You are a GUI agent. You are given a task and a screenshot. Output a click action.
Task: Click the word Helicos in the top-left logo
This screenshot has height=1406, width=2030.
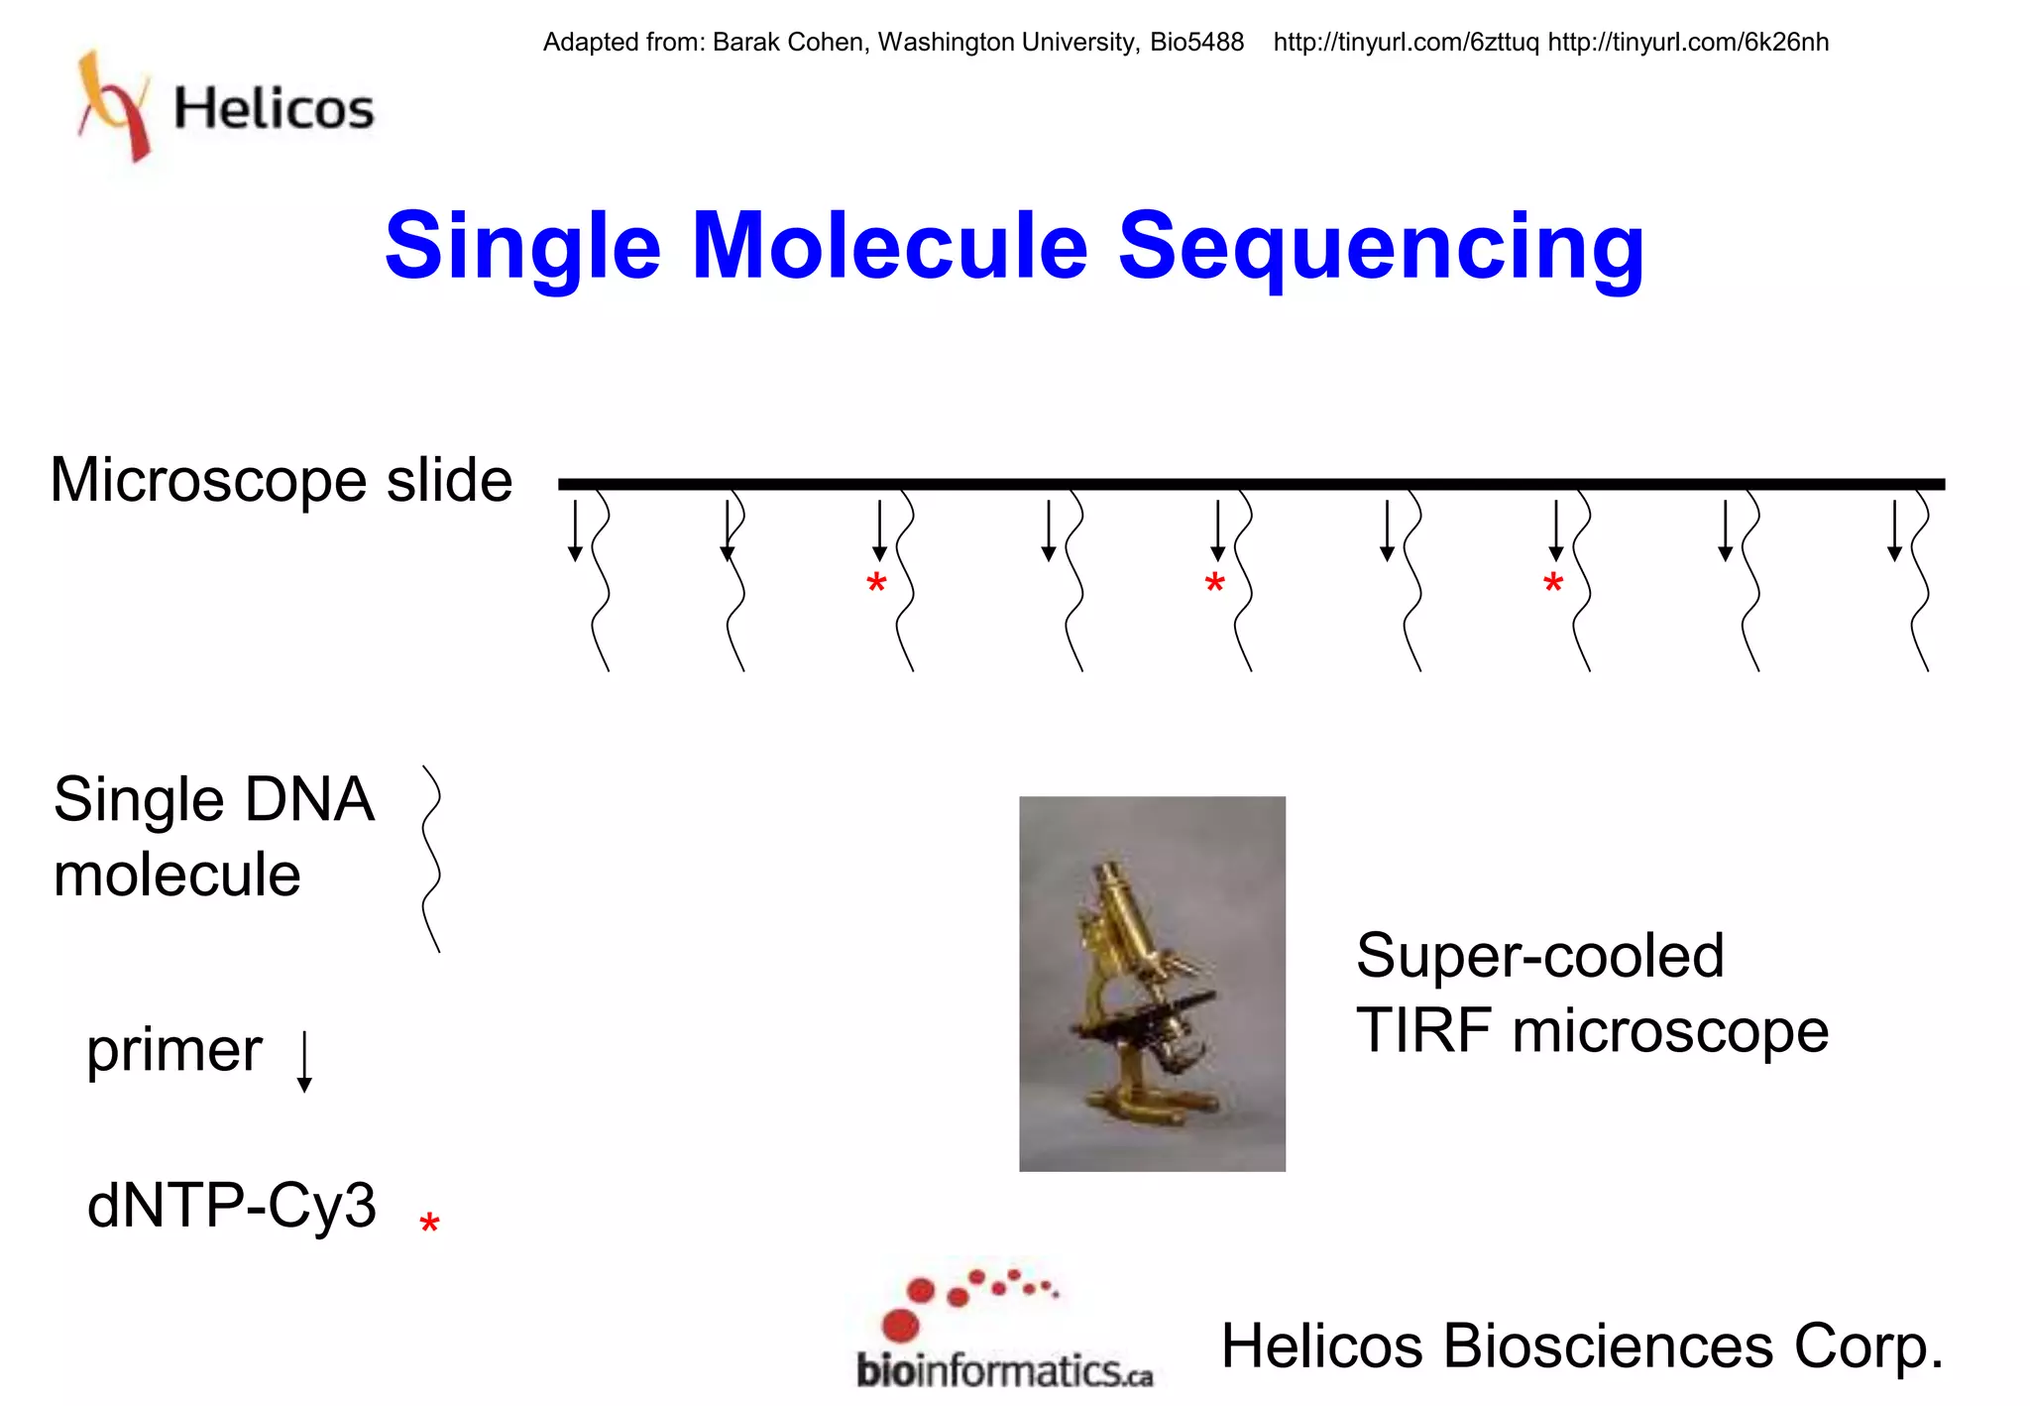pos(274,108)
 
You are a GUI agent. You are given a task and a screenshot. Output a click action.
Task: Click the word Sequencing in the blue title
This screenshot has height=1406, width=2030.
pos(1381,248)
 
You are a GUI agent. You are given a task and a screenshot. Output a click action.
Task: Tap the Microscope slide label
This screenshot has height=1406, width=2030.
pos(282,481)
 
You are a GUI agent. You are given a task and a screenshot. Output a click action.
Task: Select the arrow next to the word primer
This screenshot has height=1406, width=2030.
pos(304,1061)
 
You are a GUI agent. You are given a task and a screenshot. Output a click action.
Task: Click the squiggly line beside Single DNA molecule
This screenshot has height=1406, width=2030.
pos(431,859)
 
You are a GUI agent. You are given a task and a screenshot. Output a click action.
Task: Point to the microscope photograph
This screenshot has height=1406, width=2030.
pos(1152,983)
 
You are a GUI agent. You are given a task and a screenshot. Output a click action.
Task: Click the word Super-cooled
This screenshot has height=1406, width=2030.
pos(1539,956)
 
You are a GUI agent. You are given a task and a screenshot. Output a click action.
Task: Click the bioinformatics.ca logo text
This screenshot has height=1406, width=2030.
pos(1003,1371)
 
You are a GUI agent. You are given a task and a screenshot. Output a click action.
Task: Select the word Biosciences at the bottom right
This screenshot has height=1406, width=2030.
pos(1608,1347)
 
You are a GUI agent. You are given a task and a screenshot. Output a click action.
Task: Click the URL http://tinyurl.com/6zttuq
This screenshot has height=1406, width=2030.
pos(1406,43)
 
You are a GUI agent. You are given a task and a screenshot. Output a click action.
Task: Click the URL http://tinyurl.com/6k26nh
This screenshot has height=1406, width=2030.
pos(1688,43)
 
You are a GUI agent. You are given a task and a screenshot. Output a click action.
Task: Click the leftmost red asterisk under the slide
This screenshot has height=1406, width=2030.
pos(876,584)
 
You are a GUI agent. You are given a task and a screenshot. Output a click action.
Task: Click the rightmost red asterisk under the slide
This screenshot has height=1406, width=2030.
pos(1553,584)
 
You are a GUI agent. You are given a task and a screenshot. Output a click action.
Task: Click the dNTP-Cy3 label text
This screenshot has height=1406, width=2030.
pos(232,1206)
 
